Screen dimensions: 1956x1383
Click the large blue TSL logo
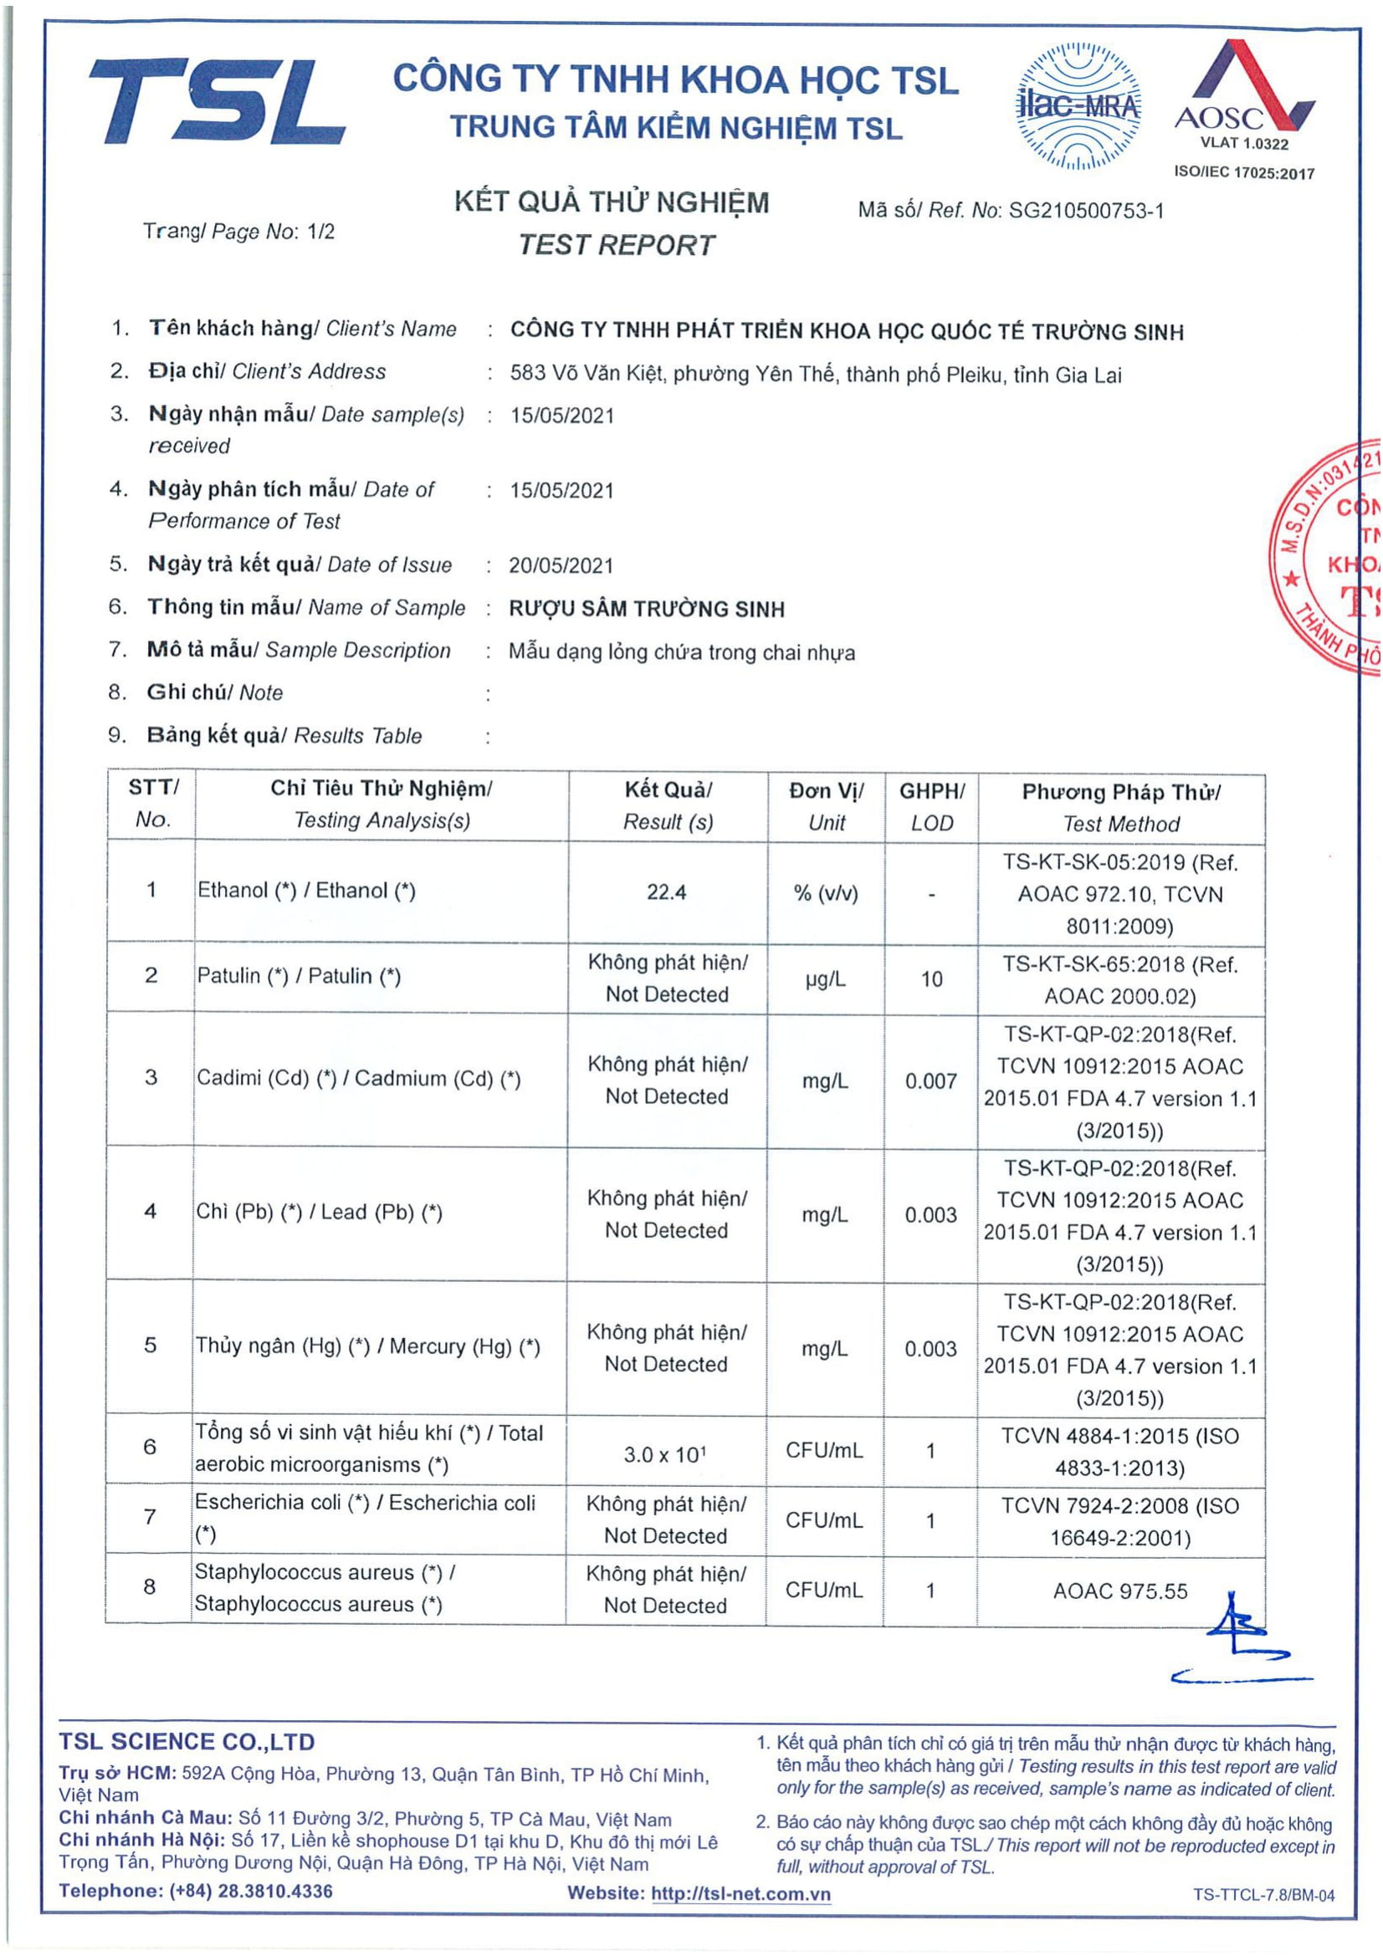pyautogui.click(x=217, y=101)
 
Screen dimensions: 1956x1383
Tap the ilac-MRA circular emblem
pyautogui.click(x=1079, y=105)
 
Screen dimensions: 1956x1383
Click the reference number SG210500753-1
pyautogui.click(x=1086, y=211)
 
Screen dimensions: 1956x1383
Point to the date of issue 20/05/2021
pyautogui.click(x=561, y=565)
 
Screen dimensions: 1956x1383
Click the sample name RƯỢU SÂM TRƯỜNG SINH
pyautogui.click(x=647, y=609)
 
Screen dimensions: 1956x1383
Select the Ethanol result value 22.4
pyautogui.click(x=666, y=892)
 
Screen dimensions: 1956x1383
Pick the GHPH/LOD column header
pyautogui.click(x=931, y=806)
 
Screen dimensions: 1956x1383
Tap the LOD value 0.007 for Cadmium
pyautogui.click(x=930, y=1081)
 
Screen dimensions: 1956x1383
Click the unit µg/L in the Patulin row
pyautogui.click(x=825, y=979)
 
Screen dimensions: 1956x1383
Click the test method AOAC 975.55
pyautogui.click(x=1119, y=1591)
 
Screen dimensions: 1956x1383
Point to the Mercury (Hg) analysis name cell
pyautogui.click(x=367, y=1346)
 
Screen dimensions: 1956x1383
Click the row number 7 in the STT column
pyautogui.click(x=150, y=1516)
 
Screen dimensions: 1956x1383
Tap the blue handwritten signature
pyautogui.click(x=1241, y=1648)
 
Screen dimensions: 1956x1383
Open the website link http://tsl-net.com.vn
pyautogui.click(x=740, y=1894)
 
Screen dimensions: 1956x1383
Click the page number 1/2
pyautogui.click(x=320, y=231)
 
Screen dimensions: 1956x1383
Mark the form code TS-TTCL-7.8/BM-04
pyautogui.click(x=1263, y=1895)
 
